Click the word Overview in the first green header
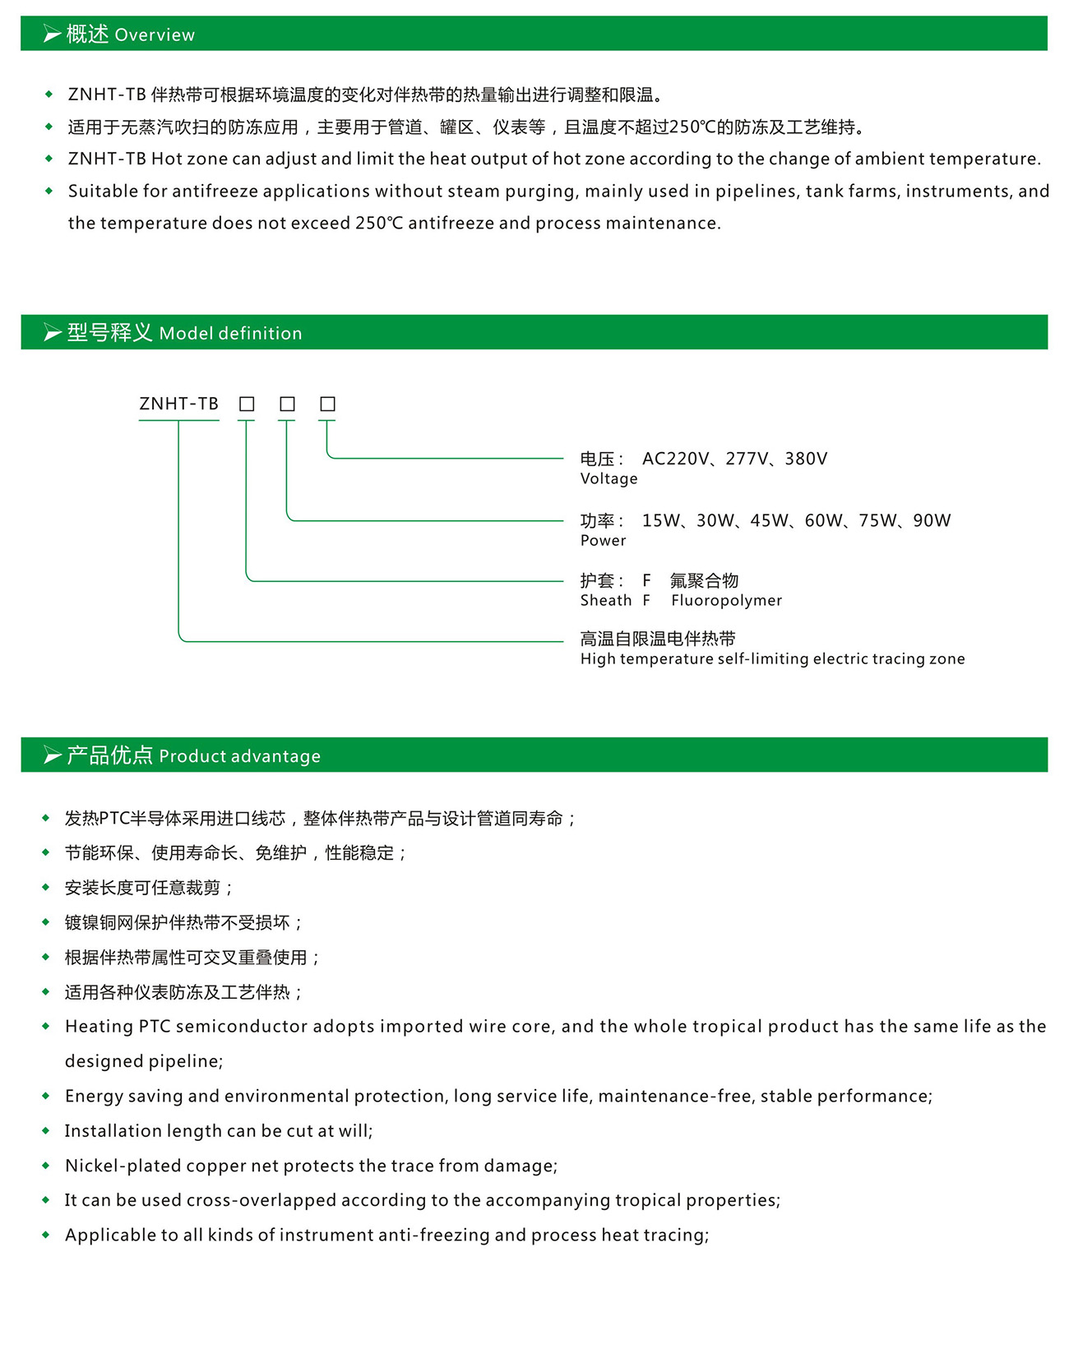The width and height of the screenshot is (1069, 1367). [x=155, y=35]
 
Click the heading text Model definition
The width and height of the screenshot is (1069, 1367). [x=230, y=334]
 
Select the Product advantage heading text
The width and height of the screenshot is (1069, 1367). [x=239, y=756]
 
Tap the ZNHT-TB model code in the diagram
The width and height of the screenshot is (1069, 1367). [x=178, y=404]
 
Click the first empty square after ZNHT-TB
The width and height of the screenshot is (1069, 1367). [x=247, y=404]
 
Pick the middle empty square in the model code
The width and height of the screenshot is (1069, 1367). [x=287, y=404]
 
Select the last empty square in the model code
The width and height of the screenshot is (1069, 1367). [x=327, y=404]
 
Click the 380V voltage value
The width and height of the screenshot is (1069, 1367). [x=806, y=459]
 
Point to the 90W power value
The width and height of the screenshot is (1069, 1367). [x=932, y=520]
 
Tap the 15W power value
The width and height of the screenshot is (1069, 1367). [x=661, y=520]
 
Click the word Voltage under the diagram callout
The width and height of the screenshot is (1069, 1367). [x=609, y=479]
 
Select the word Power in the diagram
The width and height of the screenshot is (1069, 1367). [x=603, y=541]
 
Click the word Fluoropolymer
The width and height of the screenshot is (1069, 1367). [x=726, y=601]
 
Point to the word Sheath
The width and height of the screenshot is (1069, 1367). [x=606, y=601]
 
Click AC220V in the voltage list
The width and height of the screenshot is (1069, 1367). [x=675, y=459]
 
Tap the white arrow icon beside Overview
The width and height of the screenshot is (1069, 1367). [x=53, y=35]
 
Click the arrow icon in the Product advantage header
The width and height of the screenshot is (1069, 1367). [x=53, y=755]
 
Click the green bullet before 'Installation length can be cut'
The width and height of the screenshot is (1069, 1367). [x=46, y=1131]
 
